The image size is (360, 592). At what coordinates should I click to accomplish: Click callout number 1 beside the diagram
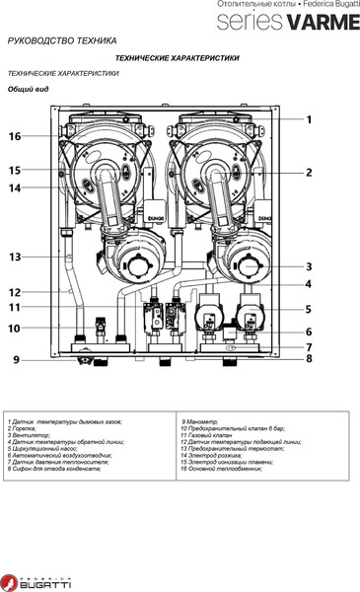pyautogui.click(x=308, y=119)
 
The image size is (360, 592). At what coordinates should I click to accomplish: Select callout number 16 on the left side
pyautogui.click(x=15, y=136)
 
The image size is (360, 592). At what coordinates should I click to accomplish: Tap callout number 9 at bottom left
pyautogui.click(x=15, y=360)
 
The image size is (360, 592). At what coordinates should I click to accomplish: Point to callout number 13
pyautogui.click(x=15, y=257)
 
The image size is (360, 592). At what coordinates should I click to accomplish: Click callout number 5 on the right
pyautogui.click(x=308, y=309)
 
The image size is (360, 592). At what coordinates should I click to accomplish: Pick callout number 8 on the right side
pyautogui.click(x=308, y=360)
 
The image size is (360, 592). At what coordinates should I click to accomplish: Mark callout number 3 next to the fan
pyautogui.click(x=308, y=266)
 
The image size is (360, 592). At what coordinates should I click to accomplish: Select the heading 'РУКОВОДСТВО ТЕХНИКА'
pyautogui.click(x=61, y=41)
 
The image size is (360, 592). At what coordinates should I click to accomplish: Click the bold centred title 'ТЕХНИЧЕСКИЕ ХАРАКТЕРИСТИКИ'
pyautogui.click(x=178, y=58)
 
